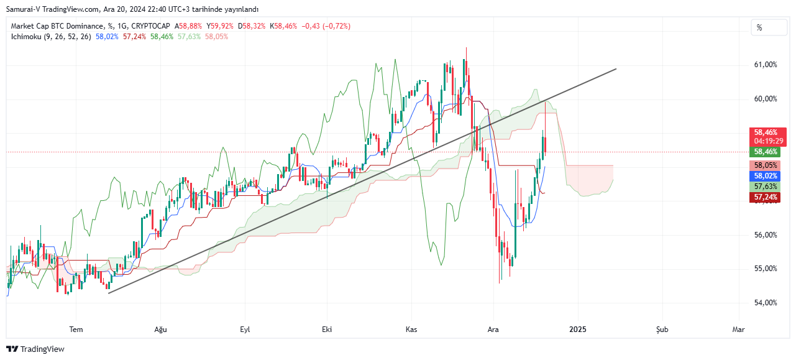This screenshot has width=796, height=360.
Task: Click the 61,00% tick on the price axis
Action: click(765, 65)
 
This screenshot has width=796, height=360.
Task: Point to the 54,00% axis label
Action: click(765, 303)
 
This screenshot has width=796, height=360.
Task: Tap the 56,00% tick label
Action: click(765, 235)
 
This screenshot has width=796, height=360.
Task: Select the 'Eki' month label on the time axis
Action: click(326, 329)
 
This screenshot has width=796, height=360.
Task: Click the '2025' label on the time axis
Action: click(578, 329)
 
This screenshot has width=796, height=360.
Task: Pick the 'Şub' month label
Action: click(662, 329)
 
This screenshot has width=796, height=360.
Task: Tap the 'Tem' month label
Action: click(76, 329)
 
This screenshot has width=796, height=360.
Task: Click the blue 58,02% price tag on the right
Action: click(765, 176)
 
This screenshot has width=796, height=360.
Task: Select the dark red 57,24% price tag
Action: click(765, 197)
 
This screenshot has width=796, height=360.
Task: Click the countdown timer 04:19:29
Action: click(765, 141)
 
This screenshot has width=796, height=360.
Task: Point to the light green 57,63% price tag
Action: click(765, 187)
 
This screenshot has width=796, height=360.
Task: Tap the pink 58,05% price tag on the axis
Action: click(765, 165)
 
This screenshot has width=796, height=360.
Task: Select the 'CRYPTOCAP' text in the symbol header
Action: click(151, 26)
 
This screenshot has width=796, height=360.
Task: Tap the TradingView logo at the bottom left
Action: click(35, 349)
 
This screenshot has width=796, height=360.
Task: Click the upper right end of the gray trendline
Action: click(616, 68)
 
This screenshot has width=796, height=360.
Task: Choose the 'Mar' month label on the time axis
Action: click(738, 329)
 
